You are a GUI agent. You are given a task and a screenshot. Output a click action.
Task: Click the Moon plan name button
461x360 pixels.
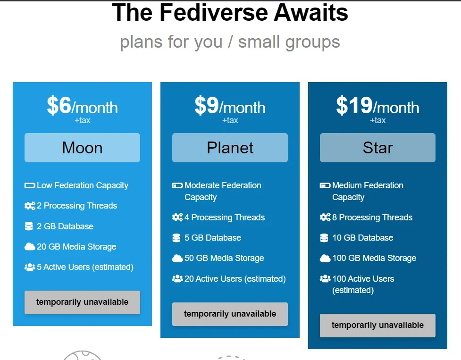pyautogui.click(x=82, y=148)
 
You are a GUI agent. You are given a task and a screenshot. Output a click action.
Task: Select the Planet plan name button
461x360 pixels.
pyautogui.click(x=230, y=148)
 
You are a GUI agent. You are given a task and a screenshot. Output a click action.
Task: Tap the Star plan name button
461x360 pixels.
pyautogui.click(x=377, y=148)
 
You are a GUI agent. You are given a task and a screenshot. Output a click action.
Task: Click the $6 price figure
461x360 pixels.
pyautogui.click(x=59, y=105)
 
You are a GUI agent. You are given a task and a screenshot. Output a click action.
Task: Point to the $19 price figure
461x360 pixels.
pyautogui.click(x=354, y=105)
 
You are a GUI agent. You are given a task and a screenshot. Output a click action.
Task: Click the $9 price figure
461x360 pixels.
pyautogui.click(x=207, y=105)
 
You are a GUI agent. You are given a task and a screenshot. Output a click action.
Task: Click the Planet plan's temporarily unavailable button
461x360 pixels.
pyautogui.click(x=230, y=314)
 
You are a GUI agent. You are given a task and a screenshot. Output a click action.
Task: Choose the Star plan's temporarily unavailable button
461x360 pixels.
pyautogui.click(x=377, y=326)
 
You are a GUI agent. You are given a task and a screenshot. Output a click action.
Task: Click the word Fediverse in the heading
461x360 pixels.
pyautogui.click(x=214, y=12)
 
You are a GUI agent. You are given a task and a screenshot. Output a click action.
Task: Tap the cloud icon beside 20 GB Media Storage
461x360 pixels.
pyautogui.click(x=29, y=247)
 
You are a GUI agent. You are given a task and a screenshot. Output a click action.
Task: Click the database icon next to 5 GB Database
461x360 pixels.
pyautogui.click(x=176, y=238)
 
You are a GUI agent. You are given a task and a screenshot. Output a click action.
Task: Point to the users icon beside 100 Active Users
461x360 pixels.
pyautogui.click(x=325, y=278)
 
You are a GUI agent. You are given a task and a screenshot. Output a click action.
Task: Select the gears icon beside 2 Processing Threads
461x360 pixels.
pyautogui.click(x=30, y=206)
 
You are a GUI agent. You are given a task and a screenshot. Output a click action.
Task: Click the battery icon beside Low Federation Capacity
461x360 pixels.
pyautogui.click(x=30, y=185)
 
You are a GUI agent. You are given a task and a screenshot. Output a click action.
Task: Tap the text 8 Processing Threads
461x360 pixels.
pyautogui.click(x=372, y=218)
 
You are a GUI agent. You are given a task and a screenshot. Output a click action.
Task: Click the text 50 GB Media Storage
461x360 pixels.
pyautogui.click(x=224, y=258)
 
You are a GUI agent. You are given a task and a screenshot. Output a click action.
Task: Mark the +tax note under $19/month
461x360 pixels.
pyautogui.click(x=377, y=120)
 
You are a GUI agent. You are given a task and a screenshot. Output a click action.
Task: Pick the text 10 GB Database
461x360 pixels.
pyautogui.click(x=362, y=238)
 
